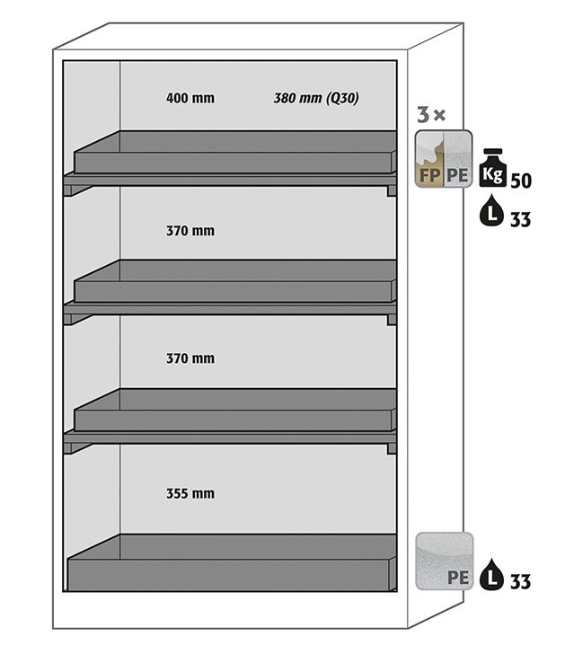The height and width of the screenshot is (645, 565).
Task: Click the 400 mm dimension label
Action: coord(190,98)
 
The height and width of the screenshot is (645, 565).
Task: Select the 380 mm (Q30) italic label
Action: coord(316,98)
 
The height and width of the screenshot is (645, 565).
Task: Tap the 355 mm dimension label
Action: coord(190,493)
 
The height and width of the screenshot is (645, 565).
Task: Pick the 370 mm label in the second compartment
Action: coord(190,231)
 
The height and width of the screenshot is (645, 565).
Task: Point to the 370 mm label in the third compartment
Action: coord(190,358)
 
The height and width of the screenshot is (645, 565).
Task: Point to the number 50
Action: coord(520,181)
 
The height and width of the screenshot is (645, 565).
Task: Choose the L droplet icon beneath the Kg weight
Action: coord(491,213)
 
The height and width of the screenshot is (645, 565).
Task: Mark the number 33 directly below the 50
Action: coord(520,219)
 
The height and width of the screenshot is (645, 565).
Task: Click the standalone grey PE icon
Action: coord(444,561)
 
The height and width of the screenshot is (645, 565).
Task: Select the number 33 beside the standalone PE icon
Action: coord(520,582)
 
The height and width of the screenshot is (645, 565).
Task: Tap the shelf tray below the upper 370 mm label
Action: coord(234,283)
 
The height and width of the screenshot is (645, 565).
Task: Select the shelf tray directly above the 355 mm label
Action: coord(234,411)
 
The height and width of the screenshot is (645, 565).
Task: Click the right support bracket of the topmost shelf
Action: coord(391,190)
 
